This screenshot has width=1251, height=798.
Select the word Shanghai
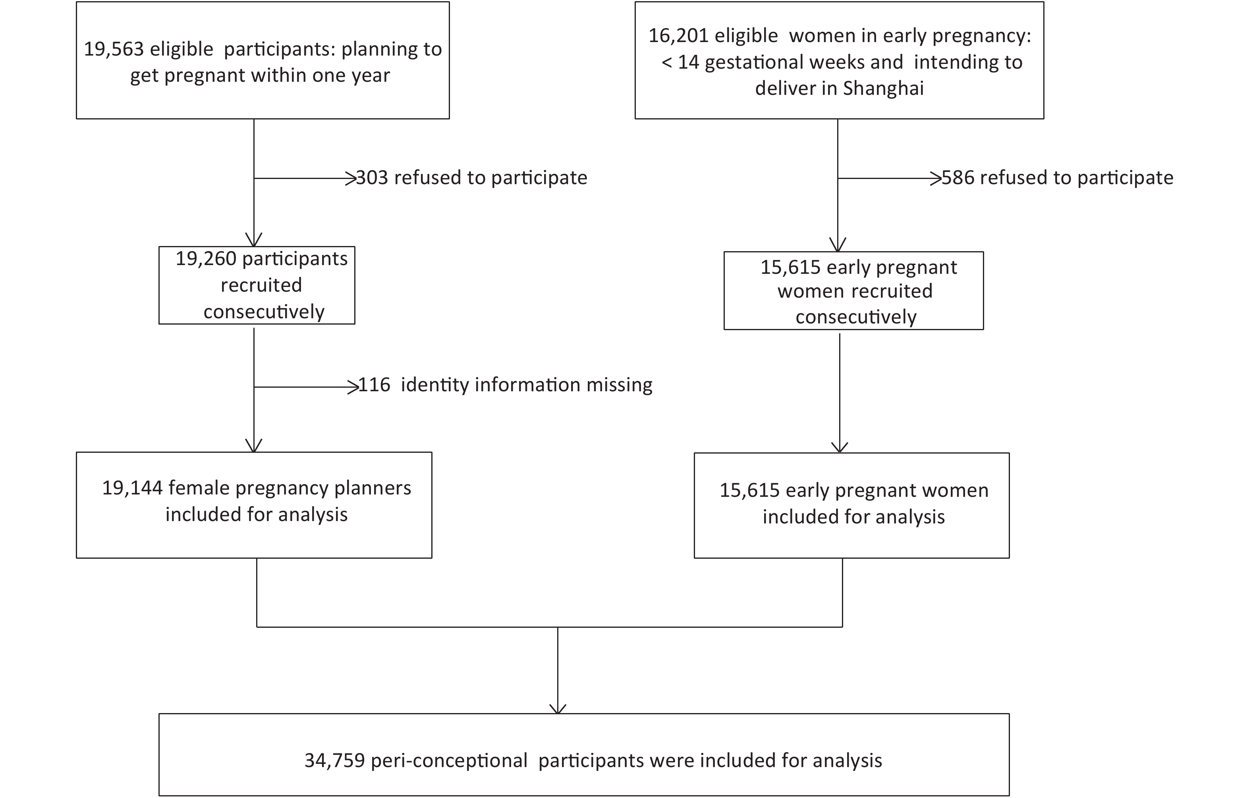pyautogui.click(x=883, y=89)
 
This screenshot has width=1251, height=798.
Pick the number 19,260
pyautogui.click(x=206, y=259)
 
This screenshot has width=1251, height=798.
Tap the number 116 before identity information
pyautogui.click(x=374, y=385)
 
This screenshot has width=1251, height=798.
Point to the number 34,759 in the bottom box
pyautogui.click(x=334, y=761)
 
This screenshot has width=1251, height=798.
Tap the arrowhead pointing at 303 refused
pyautogui.click(x=352, y=179)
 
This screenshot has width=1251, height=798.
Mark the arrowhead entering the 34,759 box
pyautogui.click(x=558, y=709)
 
